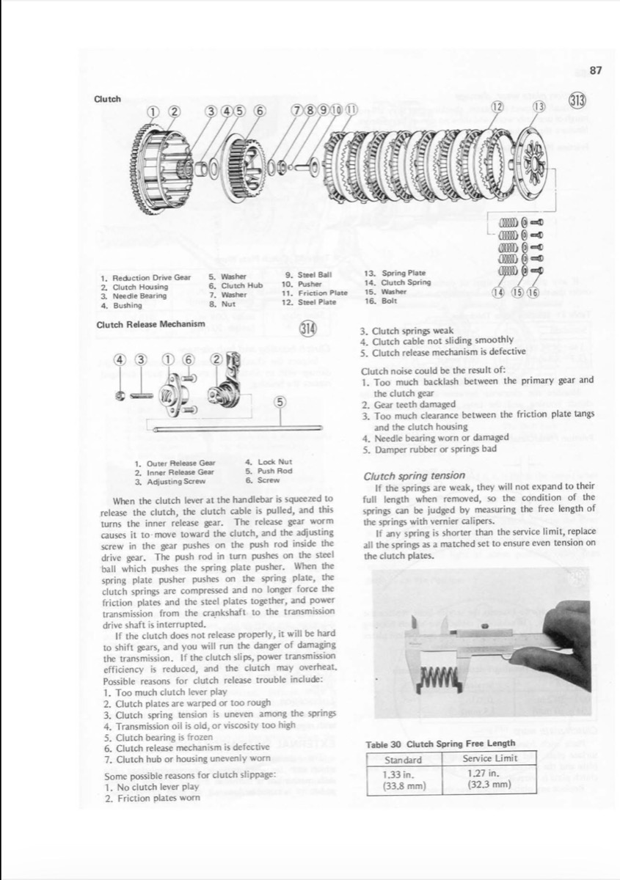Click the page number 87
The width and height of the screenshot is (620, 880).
[595, 70]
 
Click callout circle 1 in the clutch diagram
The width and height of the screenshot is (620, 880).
[154, 111]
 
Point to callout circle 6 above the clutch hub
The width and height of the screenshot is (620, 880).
[258, 111]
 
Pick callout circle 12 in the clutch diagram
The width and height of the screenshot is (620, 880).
[497, 107]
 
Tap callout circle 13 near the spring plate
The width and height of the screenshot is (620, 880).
[539, 107]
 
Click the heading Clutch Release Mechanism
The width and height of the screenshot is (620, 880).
[150, 323]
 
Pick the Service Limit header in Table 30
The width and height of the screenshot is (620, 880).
[489, 758]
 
